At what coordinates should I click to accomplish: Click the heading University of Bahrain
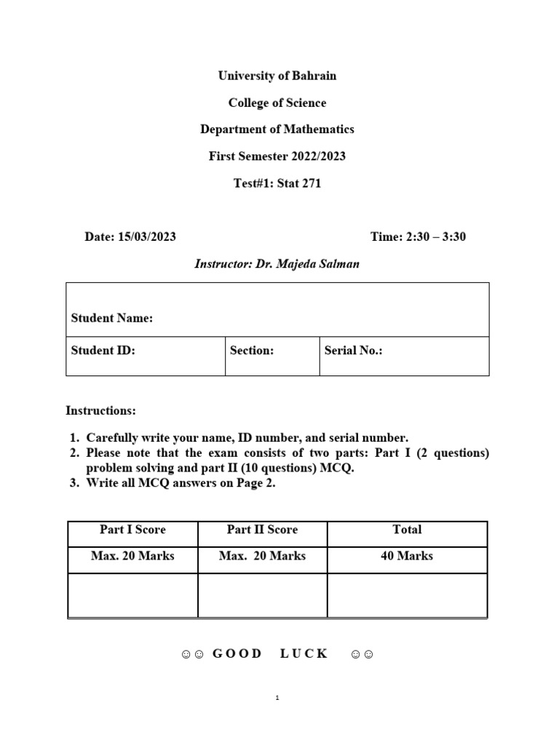277,76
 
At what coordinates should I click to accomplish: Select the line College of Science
277,103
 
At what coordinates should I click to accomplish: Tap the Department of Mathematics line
277,130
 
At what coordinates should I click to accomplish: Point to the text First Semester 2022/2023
277,156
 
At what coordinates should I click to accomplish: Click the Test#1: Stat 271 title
277,183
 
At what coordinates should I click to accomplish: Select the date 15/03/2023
146,237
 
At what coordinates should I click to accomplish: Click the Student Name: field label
112,318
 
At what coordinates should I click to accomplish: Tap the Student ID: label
103,350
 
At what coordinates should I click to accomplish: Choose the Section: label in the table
252,350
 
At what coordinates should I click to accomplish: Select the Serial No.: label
354,350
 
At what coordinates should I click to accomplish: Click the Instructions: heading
100,410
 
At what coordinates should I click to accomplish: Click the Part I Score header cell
132,530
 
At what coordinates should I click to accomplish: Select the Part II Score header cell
262,530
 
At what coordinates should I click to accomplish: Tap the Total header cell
407,530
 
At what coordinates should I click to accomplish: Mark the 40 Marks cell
407,556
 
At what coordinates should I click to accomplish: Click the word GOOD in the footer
237,653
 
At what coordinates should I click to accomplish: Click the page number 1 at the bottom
277,698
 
